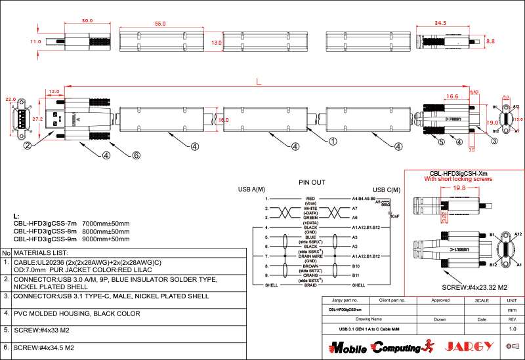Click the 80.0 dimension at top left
tap(87, 21)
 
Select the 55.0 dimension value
tap(159, 24)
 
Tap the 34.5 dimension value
tap(440, 23)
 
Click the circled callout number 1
tap(333, 141)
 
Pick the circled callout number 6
tap(136, 155)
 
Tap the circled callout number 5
tap(441, 142)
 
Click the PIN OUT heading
tap(312, 182)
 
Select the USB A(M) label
tap(251, 190)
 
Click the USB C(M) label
tap(387, 190)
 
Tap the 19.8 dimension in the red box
tap(459, 188)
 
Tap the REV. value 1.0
tap(513, 329)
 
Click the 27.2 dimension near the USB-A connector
tap(37, 120)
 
